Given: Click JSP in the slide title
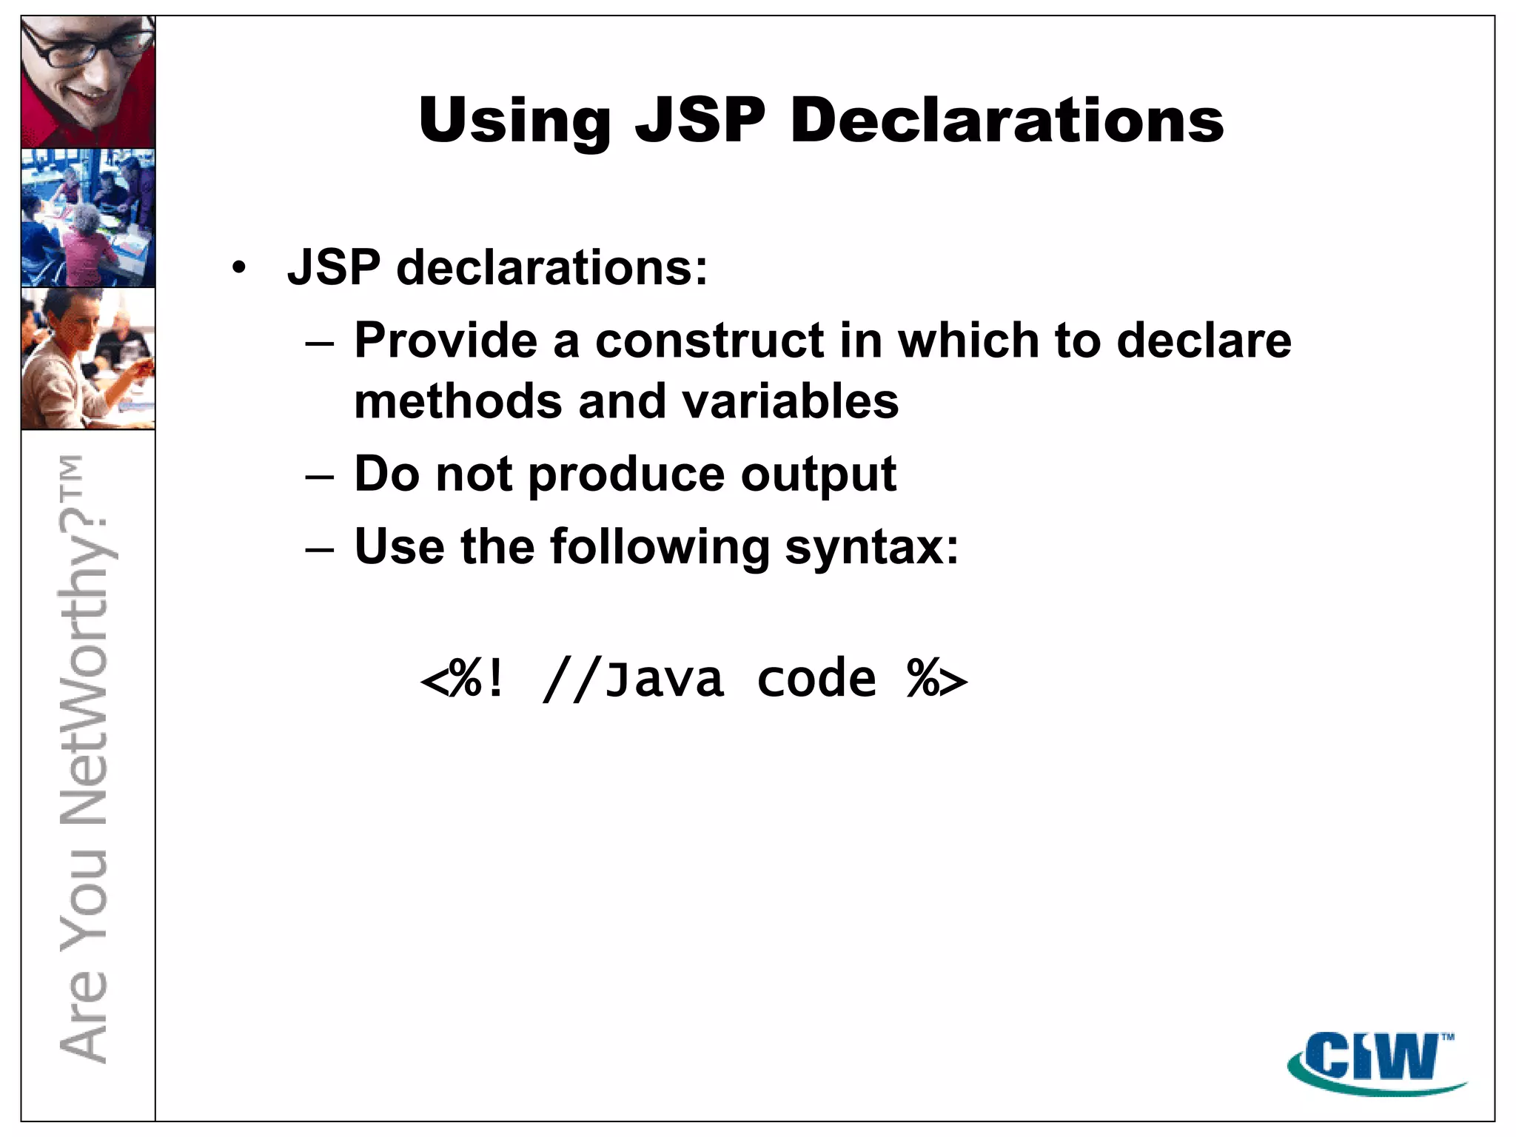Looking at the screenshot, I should (700, 121).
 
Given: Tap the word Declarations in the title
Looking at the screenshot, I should (1007, 121).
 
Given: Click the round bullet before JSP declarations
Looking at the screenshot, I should (238, 268).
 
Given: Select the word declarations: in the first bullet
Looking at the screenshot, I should (552, 267).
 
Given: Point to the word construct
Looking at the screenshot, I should (710, 341).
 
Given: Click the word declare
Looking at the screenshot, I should (1204, 341).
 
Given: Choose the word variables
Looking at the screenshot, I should (790, 401).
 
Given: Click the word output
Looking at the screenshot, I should (819, 474).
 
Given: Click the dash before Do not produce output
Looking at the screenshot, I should (320, 476).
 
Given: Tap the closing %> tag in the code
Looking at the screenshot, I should (937, 679).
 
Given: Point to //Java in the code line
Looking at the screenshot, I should (634, 679).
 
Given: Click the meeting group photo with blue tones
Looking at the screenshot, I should (88, 218).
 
